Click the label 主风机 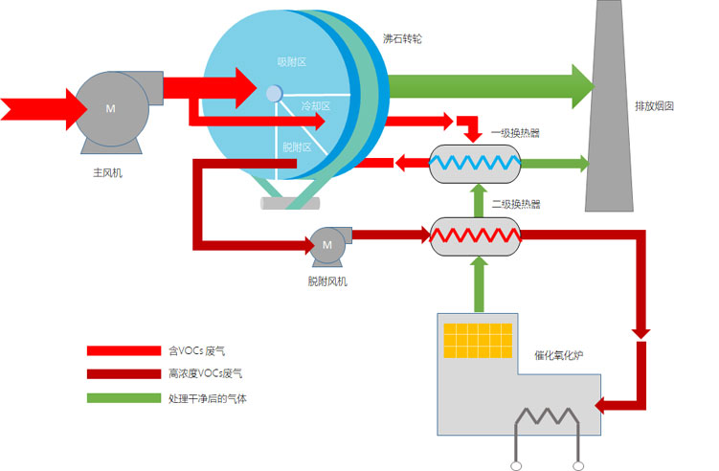click(x=107, y=174)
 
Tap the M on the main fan click(x=110, y=107)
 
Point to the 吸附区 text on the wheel click(x=290, y=62)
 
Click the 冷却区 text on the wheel click(x=315, y=106)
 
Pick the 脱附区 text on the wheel click(x=297, y=146)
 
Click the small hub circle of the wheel click(x=274, y=93)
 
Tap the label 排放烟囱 click(x=654, y=106)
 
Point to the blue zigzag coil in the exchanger click(x=476, y=164)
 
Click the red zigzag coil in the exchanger click(x=476, y=234)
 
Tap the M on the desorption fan click(x=326, y=245)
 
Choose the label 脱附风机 click(x=327, y=281)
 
